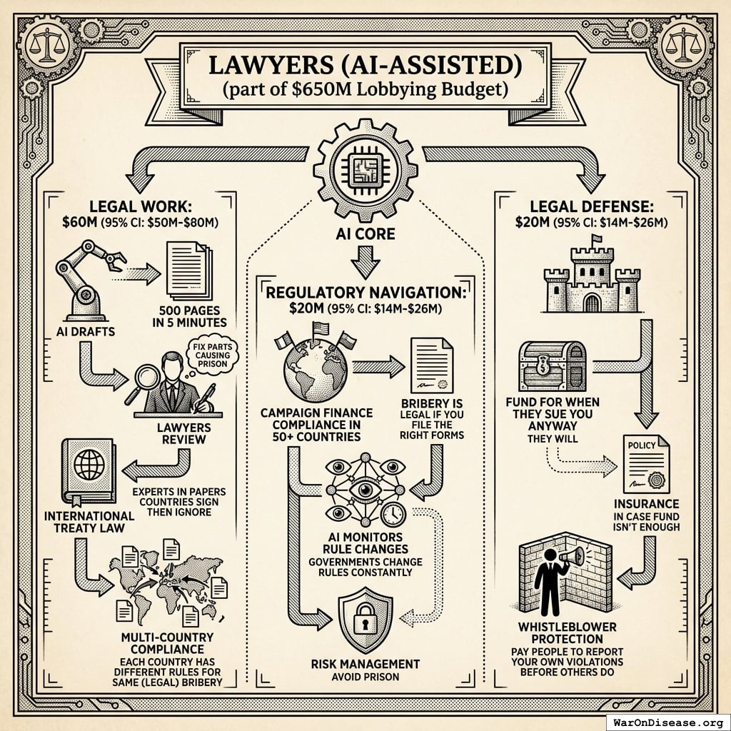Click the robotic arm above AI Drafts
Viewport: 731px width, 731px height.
(87, 278)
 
